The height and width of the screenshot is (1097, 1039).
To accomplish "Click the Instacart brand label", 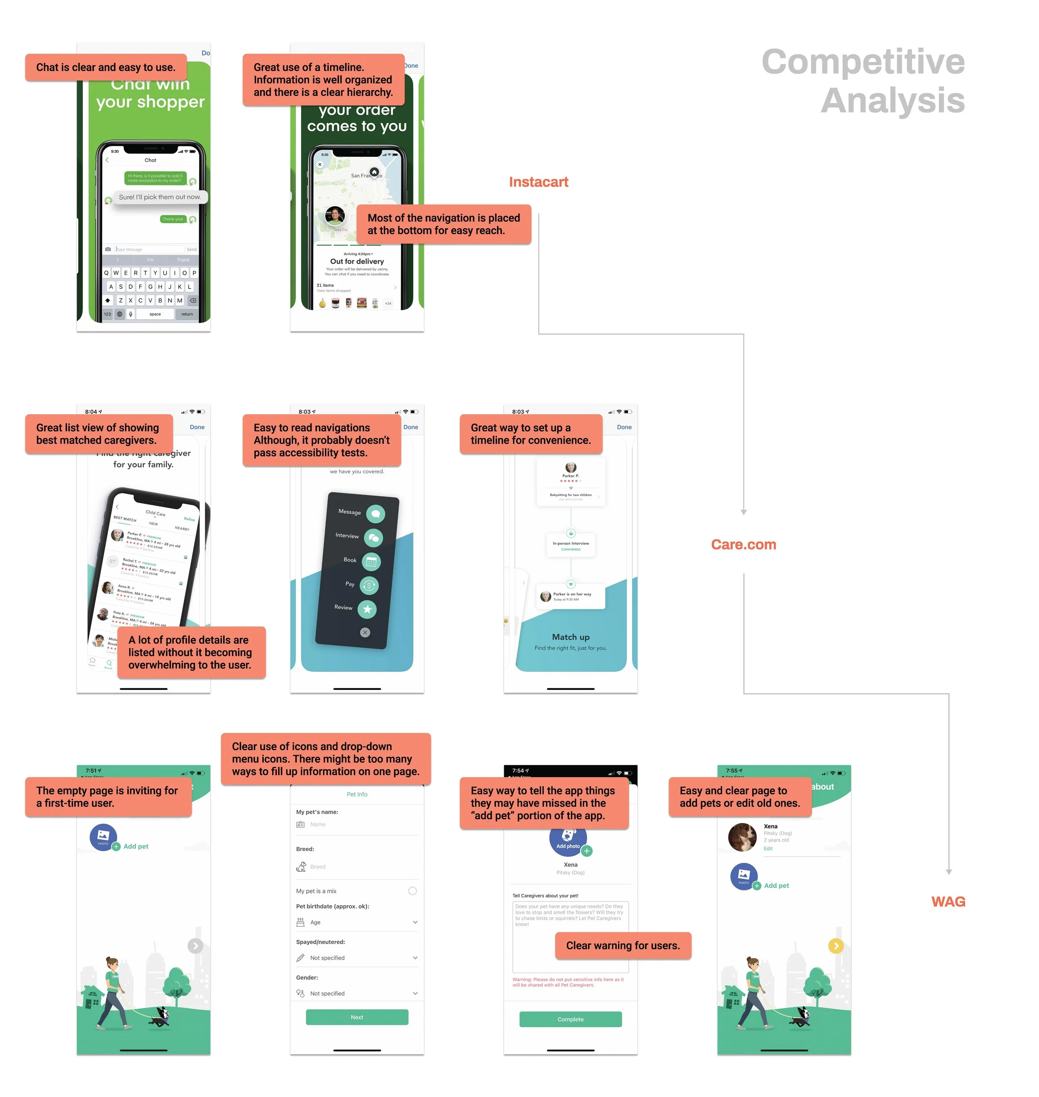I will (x=538, y=182).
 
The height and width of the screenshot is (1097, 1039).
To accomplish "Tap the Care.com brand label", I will (x=743, y=545).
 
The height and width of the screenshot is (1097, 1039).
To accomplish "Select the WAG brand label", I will (x=948, y=902).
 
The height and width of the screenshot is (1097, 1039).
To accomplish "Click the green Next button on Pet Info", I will (x=357, y=1017).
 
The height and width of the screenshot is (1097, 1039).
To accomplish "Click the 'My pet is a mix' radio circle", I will (x=412, y=891).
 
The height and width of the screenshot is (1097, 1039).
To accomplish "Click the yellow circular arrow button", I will (x=835, y=946).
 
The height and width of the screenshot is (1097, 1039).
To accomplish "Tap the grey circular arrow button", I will (x=195, y=946).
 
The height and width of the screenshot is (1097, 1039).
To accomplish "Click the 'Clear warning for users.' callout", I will (x=623, y=945).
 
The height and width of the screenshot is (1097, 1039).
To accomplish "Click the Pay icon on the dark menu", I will (x=369, y=585).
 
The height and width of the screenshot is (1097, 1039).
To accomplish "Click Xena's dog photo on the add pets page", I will (x=742, y=837).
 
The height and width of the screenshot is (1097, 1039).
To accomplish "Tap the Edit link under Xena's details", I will (x=768, y=849).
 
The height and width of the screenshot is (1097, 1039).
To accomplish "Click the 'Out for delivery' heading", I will (x=357, y=262).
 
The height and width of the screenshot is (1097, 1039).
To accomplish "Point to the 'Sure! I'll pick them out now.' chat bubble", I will (x=160, y=197).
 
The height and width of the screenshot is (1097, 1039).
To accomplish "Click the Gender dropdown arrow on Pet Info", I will (x=415, y=993).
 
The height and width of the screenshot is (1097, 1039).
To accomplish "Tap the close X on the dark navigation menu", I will (x=364, y=632).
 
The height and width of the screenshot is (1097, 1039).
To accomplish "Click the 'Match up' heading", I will (x=571, y=637).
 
